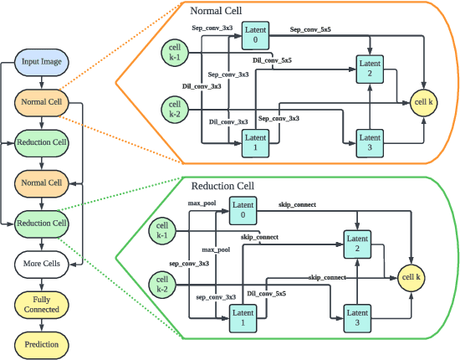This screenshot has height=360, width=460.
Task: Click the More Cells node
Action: tap(42, 263)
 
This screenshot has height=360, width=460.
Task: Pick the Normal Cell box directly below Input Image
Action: tap(42, 102)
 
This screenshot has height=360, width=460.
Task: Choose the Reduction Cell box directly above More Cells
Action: tap(42, 223)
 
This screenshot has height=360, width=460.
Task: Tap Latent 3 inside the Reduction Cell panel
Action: tap(358, 316)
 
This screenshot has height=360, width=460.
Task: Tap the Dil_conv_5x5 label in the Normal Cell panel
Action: tap(272, 60)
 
